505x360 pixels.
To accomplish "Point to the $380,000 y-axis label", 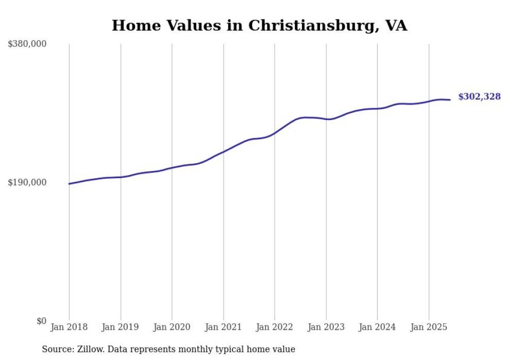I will pyautogui.click(x=27, y=44).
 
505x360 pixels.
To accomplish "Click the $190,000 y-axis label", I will pyautogui.click(x=27, y=182).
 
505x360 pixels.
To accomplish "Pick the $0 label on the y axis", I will pyautogui.click(x=41, y=321).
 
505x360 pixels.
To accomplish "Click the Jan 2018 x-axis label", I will pyautogui.click(x=69, y=327).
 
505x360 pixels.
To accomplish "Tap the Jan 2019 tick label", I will pyautogui.click(x=121, y=327).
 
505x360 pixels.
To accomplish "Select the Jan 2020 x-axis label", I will pyautogui.click(x=172, y=327).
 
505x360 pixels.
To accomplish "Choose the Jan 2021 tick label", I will pyautogui.click(x=223, y=327).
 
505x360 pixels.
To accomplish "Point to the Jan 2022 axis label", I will pyautogui.click(x=275, y=327).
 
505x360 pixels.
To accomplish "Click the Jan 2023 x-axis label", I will pyautogui.click(x=326, y=327).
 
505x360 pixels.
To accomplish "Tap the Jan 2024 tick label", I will pyautogui.click(x=377, y=327).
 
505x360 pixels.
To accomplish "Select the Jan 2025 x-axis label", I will pyautogui.click(x=429, y=327).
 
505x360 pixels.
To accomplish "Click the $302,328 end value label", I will pyautogui.click(x=479, y=97).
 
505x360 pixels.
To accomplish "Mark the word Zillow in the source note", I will pyautogui.click(x=89, y=349).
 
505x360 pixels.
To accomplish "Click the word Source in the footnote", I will pyautogui.click(x=57, y=349).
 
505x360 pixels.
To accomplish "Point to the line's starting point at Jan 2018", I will pyautogui.click(x=69, y=184).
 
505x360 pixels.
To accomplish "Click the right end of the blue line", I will pyautogui.click(x=450, y=100).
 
